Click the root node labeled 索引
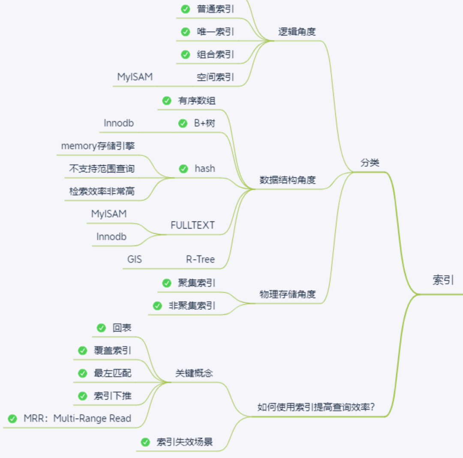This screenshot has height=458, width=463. point(443,280)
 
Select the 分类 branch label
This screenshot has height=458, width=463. point(370,163)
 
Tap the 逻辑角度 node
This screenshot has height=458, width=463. point(297,32)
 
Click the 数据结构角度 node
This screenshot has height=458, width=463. point(288,180)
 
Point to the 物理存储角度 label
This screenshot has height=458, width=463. point(288,294)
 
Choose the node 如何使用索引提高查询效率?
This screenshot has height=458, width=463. point(316,407)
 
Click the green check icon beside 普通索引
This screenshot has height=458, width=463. point(186,9)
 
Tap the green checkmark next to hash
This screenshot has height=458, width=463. point(183,168)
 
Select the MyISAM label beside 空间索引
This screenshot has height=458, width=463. point(135,77)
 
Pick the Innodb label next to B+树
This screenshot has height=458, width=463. point(119,123)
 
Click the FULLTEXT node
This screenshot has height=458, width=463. point(192,225)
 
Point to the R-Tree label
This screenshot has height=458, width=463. point(200,259)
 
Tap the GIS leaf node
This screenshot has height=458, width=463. point(134,259)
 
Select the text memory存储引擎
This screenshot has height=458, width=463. point(98,146)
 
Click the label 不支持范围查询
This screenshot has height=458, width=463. point(102,168)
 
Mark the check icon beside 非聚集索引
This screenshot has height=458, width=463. point(157,306)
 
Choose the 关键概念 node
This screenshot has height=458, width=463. point(194,373)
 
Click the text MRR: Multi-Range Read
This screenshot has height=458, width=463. point(77,419)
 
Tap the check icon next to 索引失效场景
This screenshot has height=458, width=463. point(145,442)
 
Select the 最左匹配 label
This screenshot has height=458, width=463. point(112,373)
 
